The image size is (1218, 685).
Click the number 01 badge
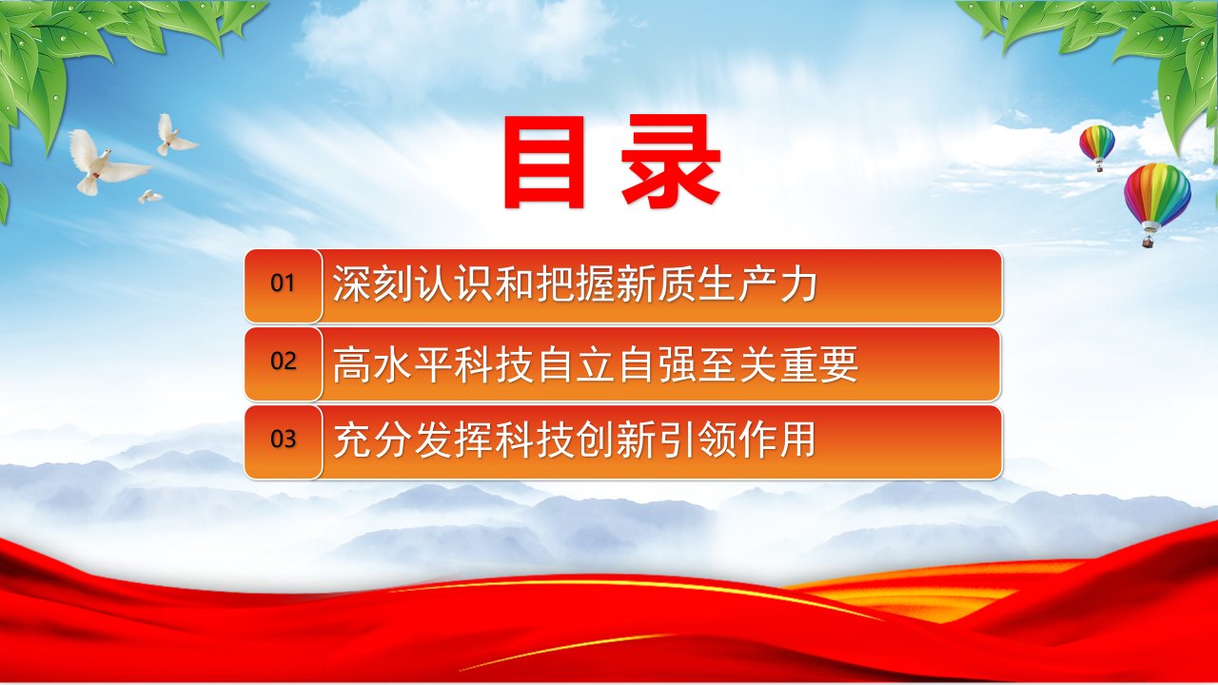283,286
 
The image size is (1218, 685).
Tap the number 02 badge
283,364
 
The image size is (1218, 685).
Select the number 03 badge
283,442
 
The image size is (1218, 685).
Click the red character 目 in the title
544,162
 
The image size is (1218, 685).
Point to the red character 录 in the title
672,162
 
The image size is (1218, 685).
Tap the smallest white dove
149,196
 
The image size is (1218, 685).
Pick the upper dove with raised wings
174,136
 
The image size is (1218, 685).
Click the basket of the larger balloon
1149,241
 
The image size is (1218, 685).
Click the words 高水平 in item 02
393,363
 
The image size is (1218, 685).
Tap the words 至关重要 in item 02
779,363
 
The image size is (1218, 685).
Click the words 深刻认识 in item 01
413,284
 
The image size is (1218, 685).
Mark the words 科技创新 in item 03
576,440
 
